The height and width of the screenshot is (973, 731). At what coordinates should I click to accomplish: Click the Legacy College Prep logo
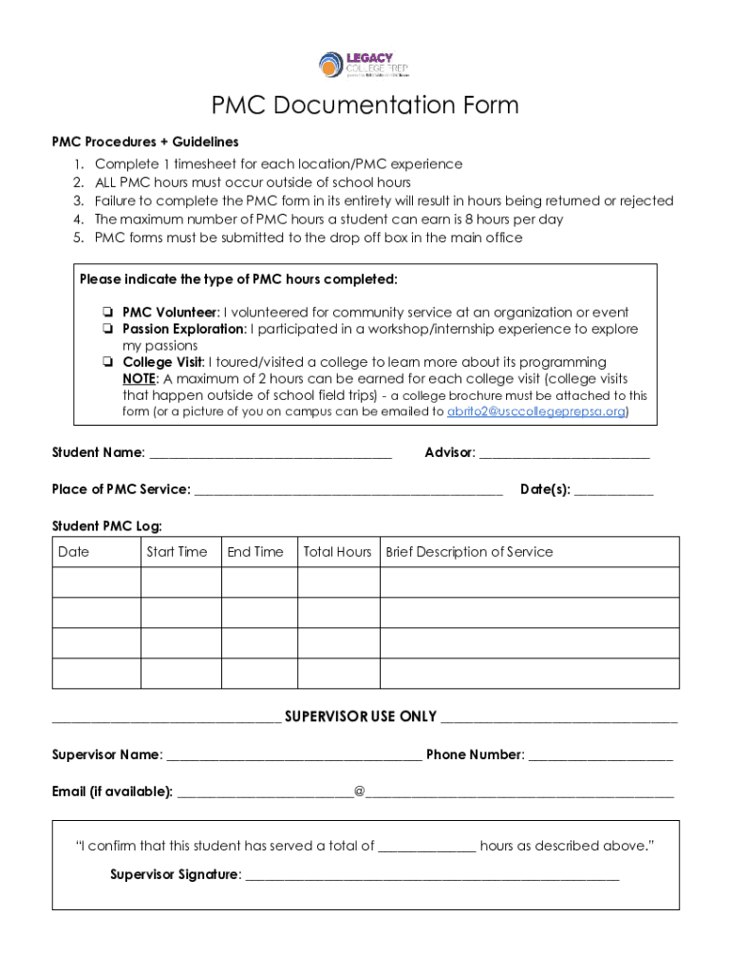point(364,65)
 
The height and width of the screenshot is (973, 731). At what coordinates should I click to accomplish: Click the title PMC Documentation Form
point(365,105)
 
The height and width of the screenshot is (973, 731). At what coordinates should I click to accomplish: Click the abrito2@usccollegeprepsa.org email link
point(535,412)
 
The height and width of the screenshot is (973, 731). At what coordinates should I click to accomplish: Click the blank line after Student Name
point(271,454)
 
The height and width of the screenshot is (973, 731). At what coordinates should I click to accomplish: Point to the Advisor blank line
point(564,454)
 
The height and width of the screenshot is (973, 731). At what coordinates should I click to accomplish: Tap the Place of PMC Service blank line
point(347,491)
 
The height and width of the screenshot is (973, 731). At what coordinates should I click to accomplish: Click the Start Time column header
point(177,552)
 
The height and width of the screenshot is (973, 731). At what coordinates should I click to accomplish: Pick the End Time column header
point(255,552)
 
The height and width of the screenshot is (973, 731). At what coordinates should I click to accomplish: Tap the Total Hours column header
point(337,552)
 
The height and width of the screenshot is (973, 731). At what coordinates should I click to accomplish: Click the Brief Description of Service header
point(469,552)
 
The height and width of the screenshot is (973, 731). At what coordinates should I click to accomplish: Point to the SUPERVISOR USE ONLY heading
point(361,716)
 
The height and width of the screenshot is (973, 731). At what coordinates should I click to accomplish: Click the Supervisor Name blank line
point(293,756)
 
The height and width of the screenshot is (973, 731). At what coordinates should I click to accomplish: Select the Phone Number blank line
point(600,756)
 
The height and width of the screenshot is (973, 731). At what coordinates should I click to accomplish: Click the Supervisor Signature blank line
point(432,876)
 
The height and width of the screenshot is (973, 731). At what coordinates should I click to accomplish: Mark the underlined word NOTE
point(140,379)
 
